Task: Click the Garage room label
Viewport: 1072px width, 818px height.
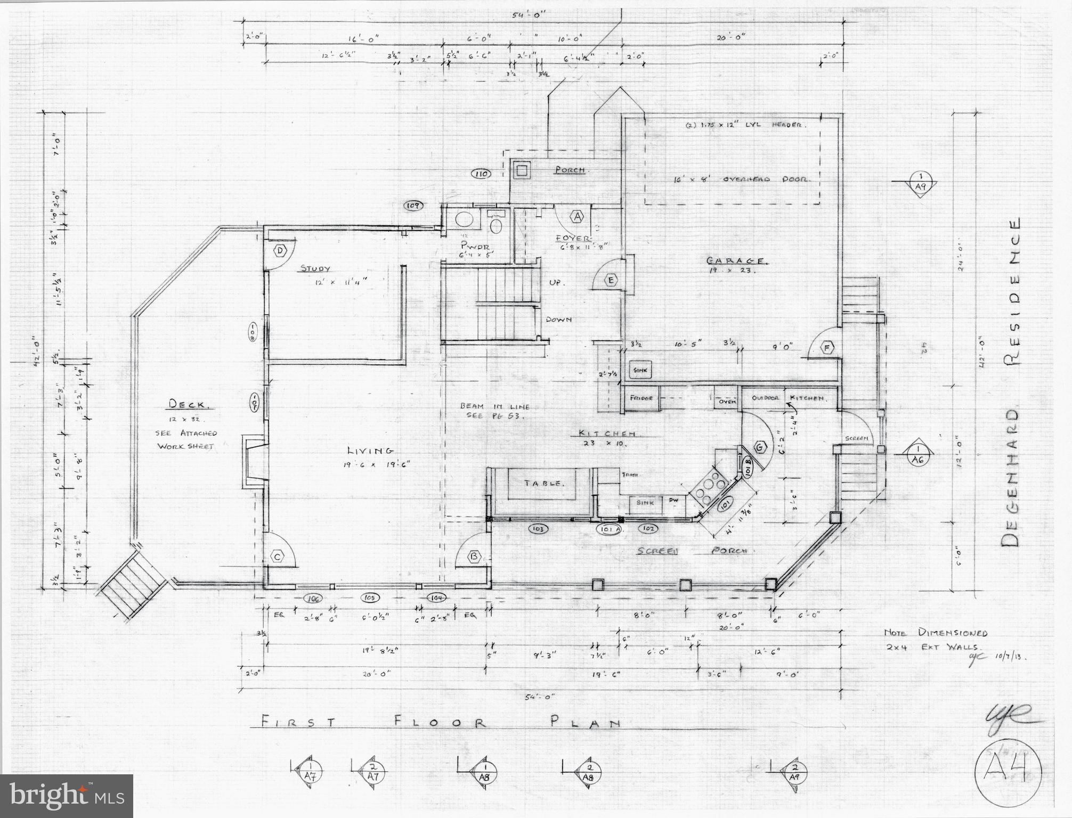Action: (x=737, y=261)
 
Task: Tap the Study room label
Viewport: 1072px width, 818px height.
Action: (x=315, y=269)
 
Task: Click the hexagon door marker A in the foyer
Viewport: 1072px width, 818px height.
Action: (x=577, y=216)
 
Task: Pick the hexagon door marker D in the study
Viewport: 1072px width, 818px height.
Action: (x=280, y=251)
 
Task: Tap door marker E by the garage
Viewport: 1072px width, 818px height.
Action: (x=611, y=280)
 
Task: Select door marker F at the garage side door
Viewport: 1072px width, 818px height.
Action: (x=827, y=348)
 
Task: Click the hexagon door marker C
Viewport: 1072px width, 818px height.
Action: (x=277, y=557)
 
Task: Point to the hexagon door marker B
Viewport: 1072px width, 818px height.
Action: (x=473, y=557)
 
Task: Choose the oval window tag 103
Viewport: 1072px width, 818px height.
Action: (x=537, y=529)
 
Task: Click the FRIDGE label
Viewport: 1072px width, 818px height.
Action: (x=641, y=398)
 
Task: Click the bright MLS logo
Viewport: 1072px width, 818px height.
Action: (x=67, y=796)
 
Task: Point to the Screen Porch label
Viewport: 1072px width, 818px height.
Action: (x=692, y=551)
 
